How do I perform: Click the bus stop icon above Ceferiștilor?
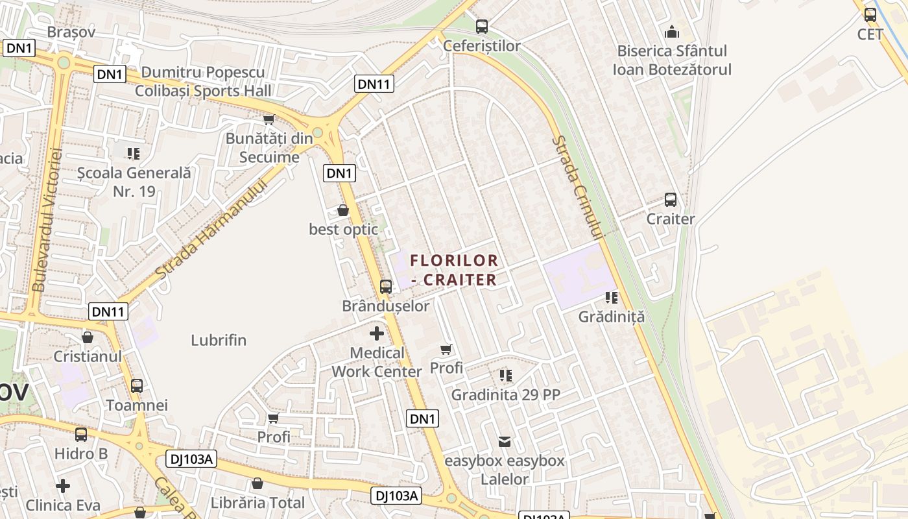tap(481, 27)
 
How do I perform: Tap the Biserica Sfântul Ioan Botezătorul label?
tap(672, 60)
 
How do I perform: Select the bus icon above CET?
tap(870, 15)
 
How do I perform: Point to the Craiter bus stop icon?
tap(671, 200)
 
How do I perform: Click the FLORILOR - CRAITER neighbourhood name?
tap(454, 270)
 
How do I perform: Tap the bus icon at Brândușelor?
tap(386, 286)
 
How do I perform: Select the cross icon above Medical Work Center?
tap(376, 334)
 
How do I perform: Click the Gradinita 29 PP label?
tap(505, 394)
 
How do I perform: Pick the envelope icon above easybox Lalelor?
tap(504, 442)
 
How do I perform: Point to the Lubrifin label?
tap(219, 340)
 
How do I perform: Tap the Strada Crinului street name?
tap(577, 188)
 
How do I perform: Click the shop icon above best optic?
tap(343, 210)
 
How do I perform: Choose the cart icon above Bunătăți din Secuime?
tap(269, 119)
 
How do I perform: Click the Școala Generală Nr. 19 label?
tap(134, 182)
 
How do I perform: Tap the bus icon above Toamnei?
tap(137, 386)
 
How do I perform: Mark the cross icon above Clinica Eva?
tap(63, 486)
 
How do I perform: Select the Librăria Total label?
tap(257, 503)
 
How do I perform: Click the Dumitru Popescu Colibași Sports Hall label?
tap(203, 81)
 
